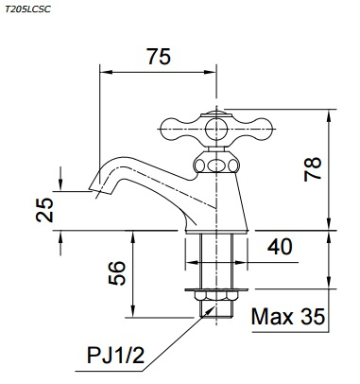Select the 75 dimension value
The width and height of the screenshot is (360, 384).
(x=159, y=57)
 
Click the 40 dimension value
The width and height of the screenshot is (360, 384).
(x=279, y=247)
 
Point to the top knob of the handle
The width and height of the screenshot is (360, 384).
(x=216, y=119)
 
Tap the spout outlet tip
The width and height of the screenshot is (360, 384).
(x=98, y=186)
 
